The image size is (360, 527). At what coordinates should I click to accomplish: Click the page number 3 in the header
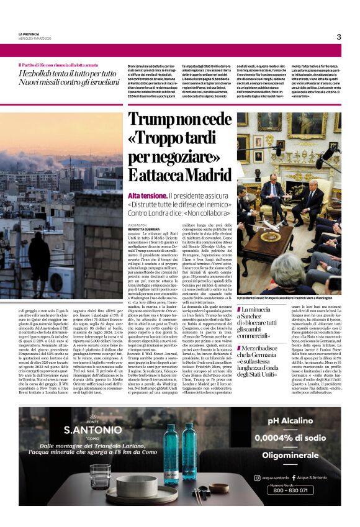tap(339, 37)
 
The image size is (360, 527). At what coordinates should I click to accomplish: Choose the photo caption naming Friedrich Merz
tap(289, 298)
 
